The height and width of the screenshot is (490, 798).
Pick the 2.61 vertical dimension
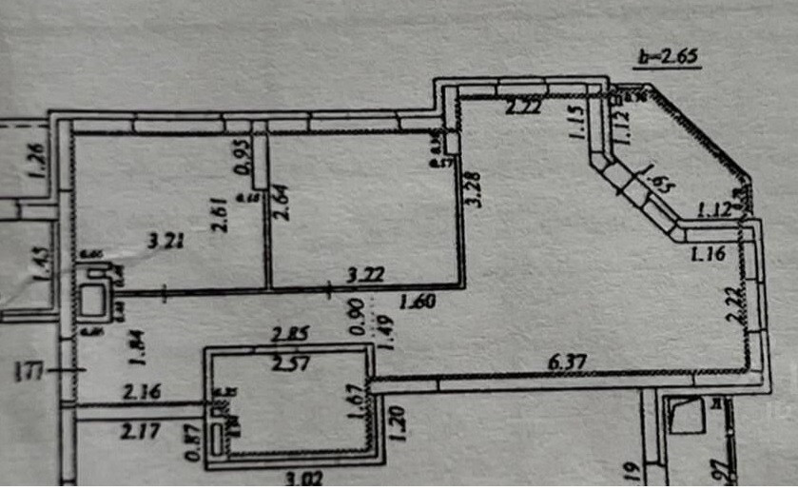click(x=220, y=213)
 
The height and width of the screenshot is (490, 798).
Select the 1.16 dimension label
click(x=709, y=253)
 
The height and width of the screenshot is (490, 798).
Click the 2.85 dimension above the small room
click(x=291, y=334)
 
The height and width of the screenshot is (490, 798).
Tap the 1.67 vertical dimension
click(x=354, y=401)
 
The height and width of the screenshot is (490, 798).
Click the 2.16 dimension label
click(x=139, y=391)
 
